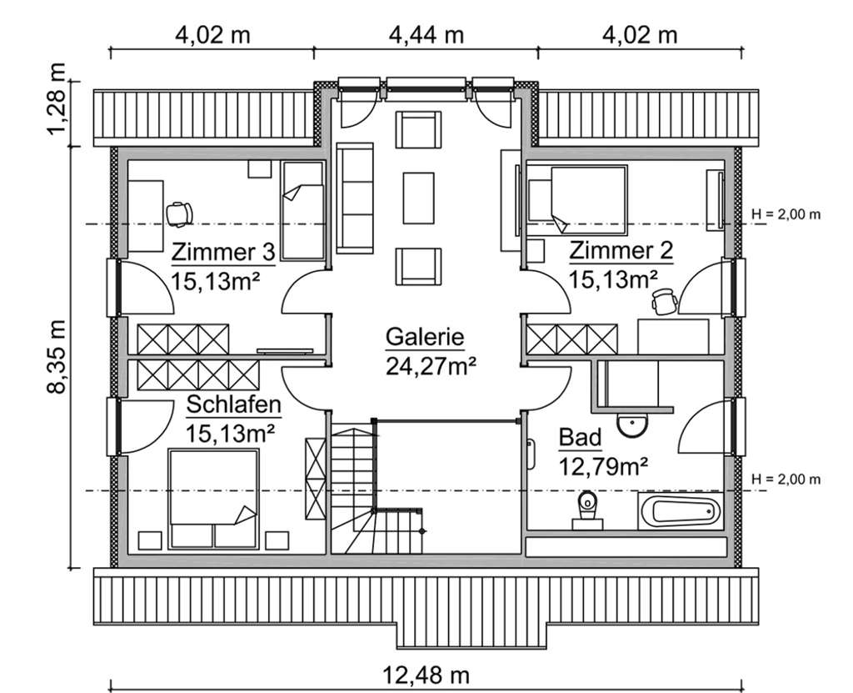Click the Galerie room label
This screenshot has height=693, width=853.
pos(424,338)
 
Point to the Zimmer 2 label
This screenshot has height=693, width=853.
pos(621,252)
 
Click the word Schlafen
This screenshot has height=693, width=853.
pos(233,405)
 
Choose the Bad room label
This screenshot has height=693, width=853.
pos(579,438)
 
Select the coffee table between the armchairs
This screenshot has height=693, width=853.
pos(419,198)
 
